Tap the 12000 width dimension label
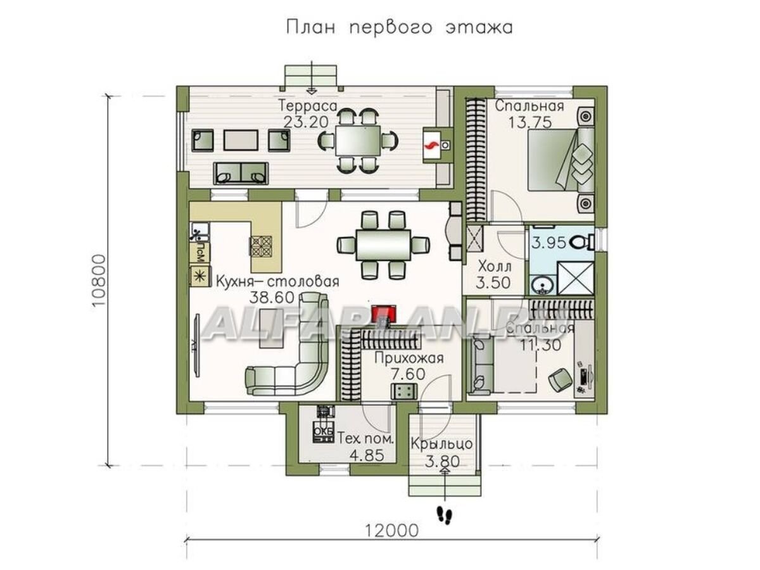391,530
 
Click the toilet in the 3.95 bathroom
580,241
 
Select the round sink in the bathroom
540,286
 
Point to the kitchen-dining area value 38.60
275,297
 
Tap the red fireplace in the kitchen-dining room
384,313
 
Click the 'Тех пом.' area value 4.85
366,455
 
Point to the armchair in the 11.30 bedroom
559,379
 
